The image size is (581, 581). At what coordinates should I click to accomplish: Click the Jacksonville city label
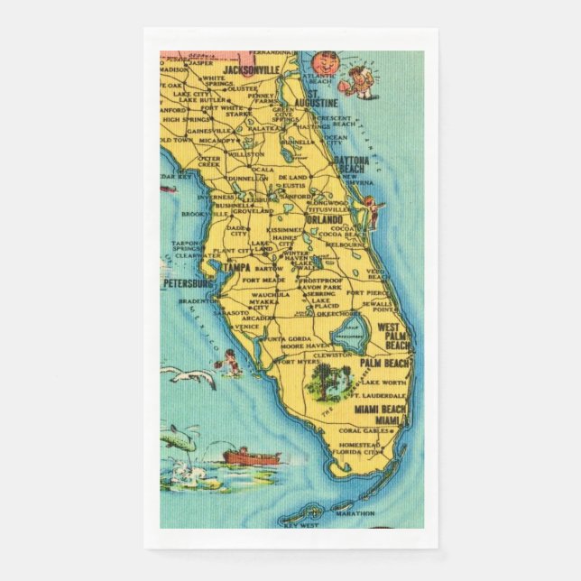click(x=252, y=70)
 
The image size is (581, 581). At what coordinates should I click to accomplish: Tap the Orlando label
click(x=323, y=219)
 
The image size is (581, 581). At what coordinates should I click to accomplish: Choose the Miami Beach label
click(x=380, y=410)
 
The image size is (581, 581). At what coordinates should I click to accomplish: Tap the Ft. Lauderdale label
click(x=380, y=395)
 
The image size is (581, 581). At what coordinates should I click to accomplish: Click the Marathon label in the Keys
click(x=356, y=516)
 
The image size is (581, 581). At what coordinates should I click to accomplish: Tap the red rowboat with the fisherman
click(x=252, y=456)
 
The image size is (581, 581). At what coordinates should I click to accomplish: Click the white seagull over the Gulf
click(x=194, y=376)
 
